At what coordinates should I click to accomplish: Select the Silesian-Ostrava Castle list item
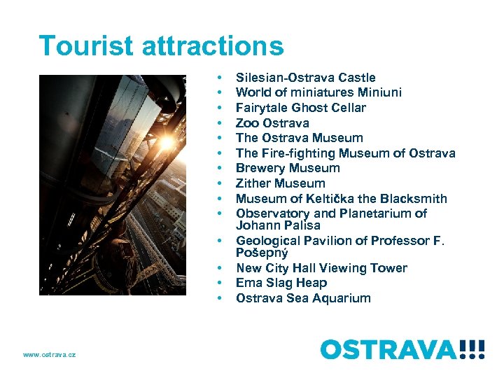(305, 78)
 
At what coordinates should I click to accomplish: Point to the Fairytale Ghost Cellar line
(300, 108)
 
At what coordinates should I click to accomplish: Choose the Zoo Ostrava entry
(272, 123)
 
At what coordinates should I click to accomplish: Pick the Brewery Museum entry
(288, 168)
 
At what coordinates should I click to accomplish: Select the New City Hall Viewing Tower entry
(321, 268)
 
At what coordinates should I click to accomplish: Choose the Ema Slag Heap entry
(281, 283)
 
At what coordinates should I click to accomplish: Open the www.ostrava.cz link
(49, 355)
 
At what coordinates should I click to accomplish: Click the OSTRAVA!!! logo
(402, 349)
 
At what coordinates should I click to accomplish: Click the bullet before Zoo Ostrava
(220, 123)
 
